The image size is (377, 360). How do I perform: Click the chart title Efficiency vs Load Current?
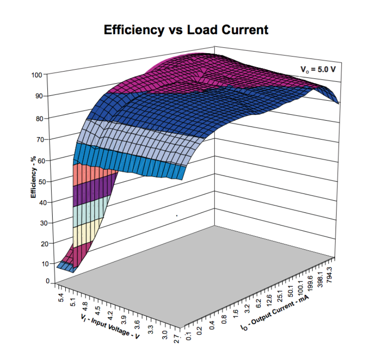pos(186,30)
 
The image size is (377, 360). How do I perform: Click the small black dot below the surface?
pos(176,216)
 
